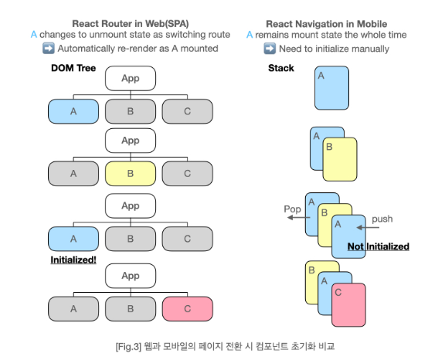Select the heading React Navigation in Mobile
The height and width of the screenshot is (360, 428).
click(327, 23)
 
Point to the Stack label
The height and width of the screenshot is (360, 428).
click(280, 69)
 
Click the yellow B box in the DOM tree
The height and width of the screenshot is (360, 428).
click(130, 174)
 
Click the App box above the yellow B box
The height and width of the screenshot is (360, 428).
click(130, 141)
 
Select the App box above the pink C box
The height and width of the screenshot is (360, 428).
click(130, 276)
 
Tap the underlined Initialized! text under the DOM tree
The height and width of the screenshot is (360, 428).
click(73, 260)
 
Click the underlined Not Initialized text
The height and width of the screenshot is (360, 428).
click(378, 246)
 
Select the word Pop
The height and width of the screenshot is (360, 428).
click(291, 209)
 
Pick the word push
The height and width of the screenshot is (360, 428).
click(382, 219)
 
